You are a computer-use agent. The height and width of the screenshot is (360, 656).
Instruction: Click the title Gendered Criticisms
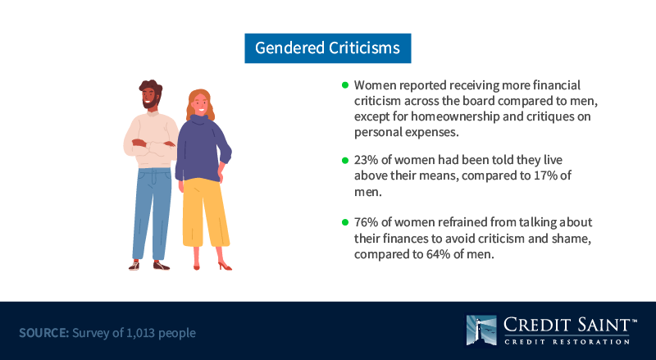[327, 48]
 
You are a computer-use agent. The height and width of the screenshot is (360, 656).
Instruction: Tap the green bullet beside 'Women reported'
[345, 85]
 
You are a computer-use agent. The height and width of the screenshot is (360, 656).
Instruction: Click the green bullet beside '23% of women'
[345, 160]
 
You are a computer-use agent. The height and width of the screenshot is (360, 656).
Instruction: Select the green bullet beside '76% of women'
[345, 222]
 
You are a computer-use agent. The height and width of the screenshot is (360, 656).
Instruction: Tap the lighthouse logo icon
[481, 330]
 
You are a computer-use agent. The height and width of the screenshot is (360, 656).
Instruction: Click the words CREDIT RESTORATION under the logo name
[567, 342]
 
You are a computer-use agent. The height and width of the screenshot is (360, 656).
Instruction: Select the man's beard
[150, 102]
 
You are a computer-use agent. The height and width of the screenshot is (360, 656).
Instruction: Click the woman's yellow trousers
[206, 212]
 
